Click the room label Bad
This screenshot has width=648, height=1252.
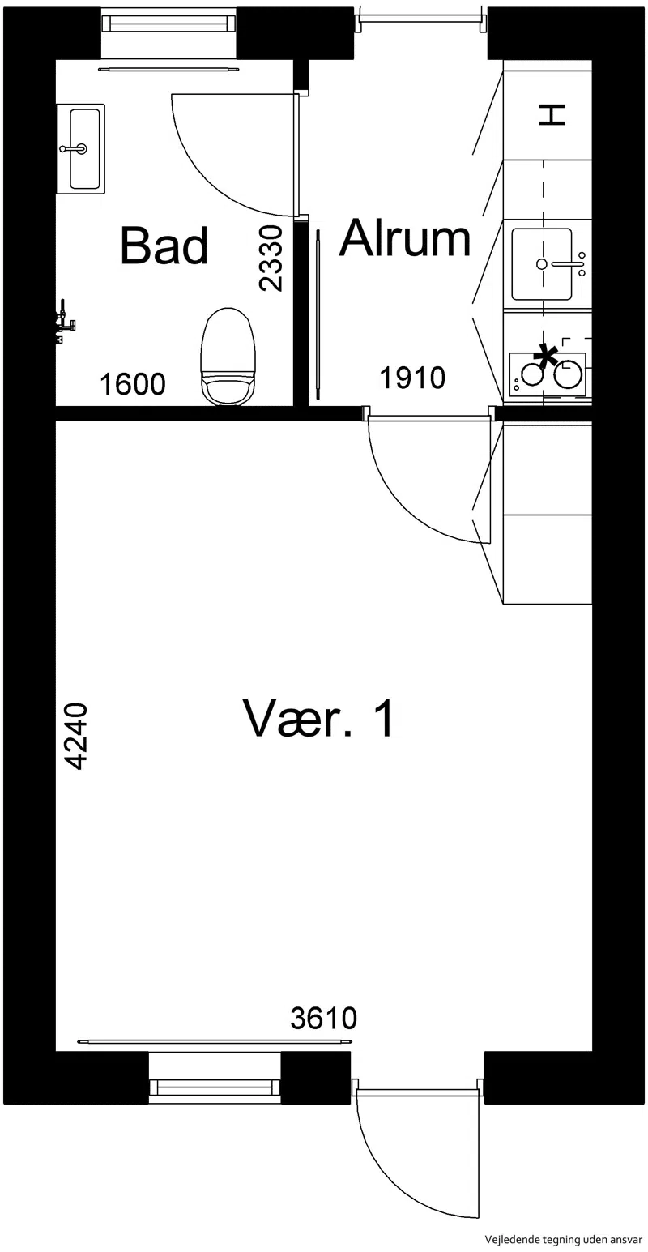coord(164,246)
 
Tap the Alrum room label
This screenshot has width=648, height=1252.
coord(406,239)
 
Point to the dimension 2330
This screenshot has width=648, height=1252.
coord(271,259)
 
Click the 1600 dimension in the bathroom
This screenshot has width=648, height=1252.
coord(133,385)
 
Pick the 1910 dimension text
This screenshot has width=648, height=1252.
coord(412,378)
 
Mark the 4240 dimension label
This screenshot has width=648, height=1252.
coord(75,737)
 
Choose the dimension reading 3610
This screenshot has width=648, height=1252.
coord(324,1019)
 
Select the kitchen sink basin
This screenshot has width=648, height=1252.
coord(542,264)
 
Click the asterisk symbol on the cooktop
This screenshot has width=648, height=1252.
coord(546,356)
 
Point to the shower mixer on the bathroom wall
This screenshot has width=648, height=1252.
coord(66,323)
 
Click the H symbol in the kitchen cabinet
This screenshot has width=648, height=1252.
coord(552,114)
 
